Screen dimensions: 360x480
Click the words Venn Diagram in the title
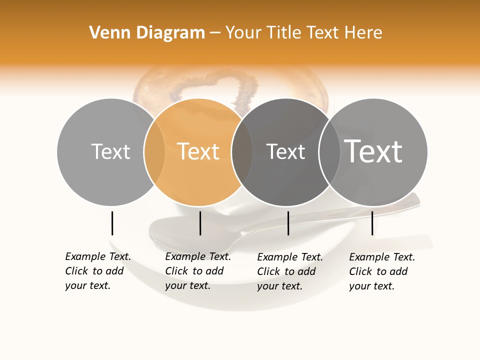pyautogui.click(x=147, y=33)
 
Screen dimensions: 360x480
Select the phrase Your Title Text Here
pyautogui.click(x=304, y=33)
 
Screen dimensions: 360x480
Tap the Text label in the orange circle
pyautogui.click(x=198, y=151)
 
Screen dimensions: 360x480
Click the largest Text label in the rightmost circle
pyautogui.click(x=373, y=151)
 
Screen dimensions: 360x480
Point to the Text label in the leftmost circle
pyautogui.click(x=110, y=151)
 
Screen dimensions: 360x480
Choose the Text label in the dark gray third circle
pyautogui.click(x=285, y=151)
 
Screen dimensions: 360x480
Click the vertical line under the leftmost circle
pyautogui.click(x=112, y=223)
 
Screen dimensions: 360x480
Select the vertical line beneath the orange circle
pyautogui.click(x=200, y=223)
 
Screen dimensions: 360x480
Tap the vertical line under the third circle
pyautogui.click(x=288, y=223)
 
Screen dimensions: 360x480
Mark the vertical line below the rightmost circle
pyautogui.click(x=372, y=223)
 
